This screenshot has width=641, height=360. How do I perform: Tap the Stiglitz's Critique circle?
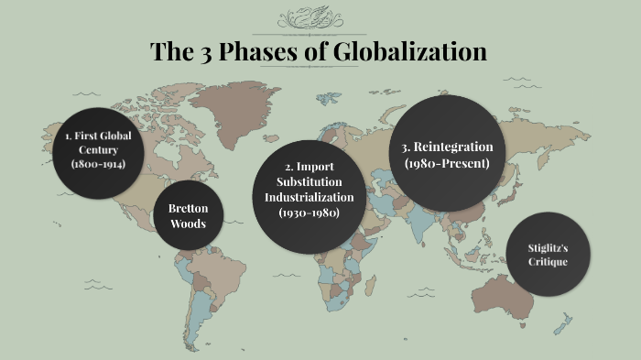[x=548, y=255]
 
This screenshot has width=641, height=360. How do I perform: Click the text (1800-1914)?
[x=98, y=164]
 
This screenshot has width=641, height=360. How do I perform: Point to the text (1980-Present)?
[x=447, y=163]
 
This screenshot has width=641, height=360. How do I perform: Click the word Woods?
[x=188, y=224]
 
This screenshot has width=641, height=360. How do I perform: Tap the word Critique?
[x=548, y=262]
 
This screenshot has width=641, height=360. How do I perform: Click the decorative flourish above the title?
[x=320, y=17]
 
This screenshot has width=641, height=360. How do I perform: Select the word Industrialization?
[x=309, y=197]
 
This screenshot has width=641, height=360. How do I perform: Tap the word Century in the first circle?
[x=98, y=149]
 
